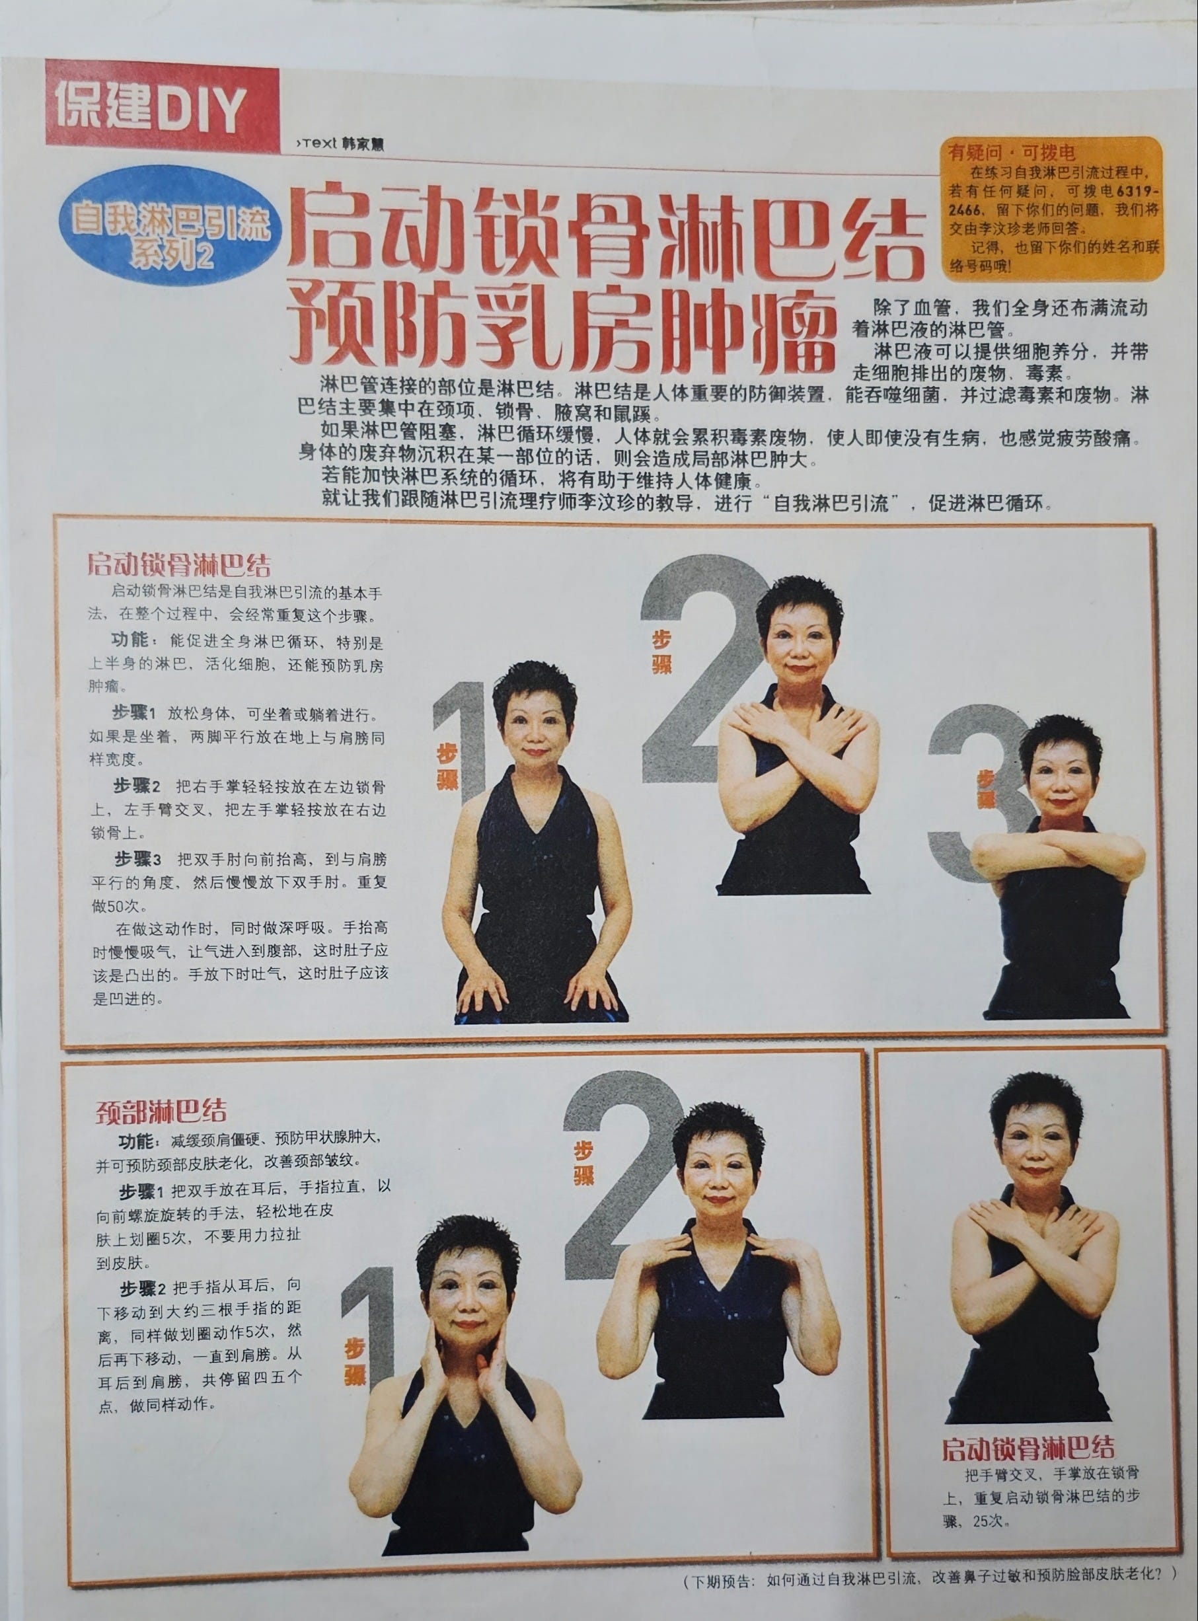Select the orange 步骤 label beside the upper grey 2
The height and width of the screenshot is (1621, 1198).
(661, 652)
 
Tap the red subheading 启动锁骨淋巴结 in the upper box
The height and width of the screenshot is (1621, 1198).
(179, 564)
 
